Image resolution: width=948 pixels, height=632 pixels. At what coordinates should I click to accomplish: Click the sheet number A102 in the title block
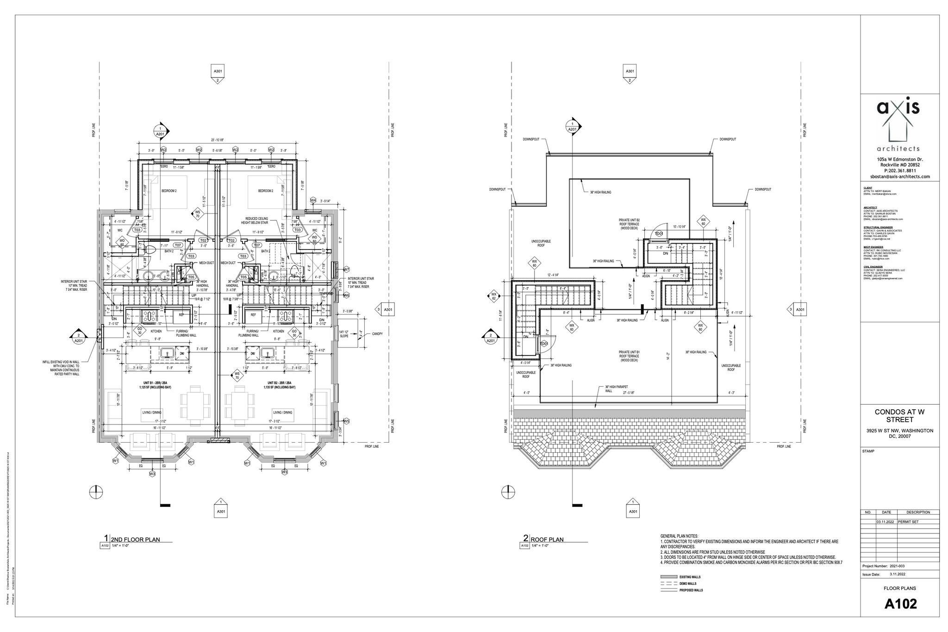tap(900, 604)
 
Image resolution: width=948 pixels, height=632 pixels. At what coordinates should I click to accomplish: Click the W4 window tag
tap(313, 200)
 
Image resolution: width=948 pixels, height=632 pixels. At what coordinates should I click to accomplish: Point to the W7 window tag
tap(346, 269)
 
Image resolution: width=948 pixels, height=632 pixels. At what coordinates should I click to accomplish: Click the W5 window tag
tap(346, 421)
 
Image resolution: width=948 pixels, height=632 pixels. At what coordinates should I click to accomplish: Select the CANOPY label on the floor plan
tap(377, 334)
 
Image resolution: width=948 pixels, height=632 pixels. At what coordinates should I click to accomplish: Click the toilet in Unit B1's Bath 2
tap(150, 250)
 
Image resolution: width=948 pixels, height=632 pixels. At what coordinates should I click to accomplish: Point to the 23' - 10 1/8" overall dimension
tap(217, 140)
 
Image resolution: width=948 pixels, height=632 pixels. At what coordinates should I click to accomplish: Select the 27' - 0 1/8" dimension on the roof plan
tap(628, 393)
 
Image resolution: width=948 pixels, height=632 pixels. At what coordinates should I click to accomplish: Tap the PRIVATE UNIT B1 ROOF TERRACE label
tap(629, 355)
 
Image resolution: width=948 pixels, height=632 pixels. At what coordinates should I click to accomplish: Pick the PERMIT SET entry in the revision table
tap(908, 521)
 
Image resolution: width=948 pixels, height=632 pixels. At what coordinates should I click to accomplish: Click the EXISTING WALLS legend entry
tap(690, 577)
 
